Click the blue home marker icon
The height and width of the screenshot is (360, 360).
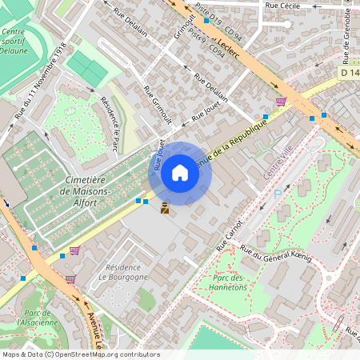pyautogui.click(x=180, y=172)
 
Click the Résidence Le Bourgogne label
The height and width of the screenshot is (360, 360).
pyautogui.click(x=123, y=271)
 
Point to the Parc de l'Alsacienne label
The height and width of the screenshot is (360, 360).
pyautogui.click(x=40, y=318)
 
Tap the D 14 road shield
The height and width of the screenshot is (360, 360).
pyautogui.click(x=348, y=73)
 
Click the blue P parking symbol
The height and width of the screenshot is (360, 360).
pyautogui.click(x=278, y=193)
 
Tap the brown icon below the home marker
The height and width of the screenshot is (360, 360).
pyautogui.click(x=165, y=209)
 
